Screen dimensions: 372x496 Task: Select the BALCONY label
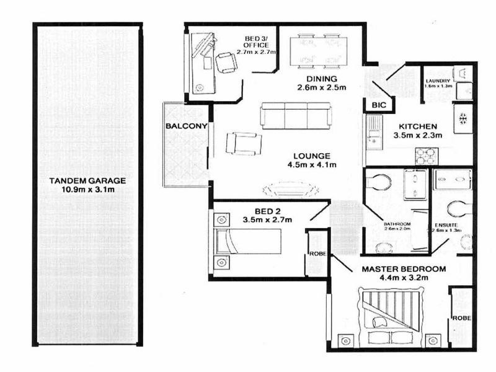[181, 126]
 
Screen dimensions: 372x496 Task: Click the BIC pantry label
[378, 106]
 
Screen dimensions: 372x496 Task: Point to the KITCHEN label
[418, 124]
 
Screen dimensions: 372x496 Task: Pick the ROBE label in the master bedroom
[461, 318]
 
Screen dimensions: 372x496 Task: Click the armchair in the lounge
[242, 143]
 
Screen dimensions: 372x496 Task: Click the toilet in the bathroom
[378, 182]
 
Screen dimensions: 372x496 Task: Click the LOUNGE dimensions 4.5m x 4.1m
[312, 165]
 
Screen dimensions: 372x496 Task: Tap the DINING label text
[321, 79]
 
